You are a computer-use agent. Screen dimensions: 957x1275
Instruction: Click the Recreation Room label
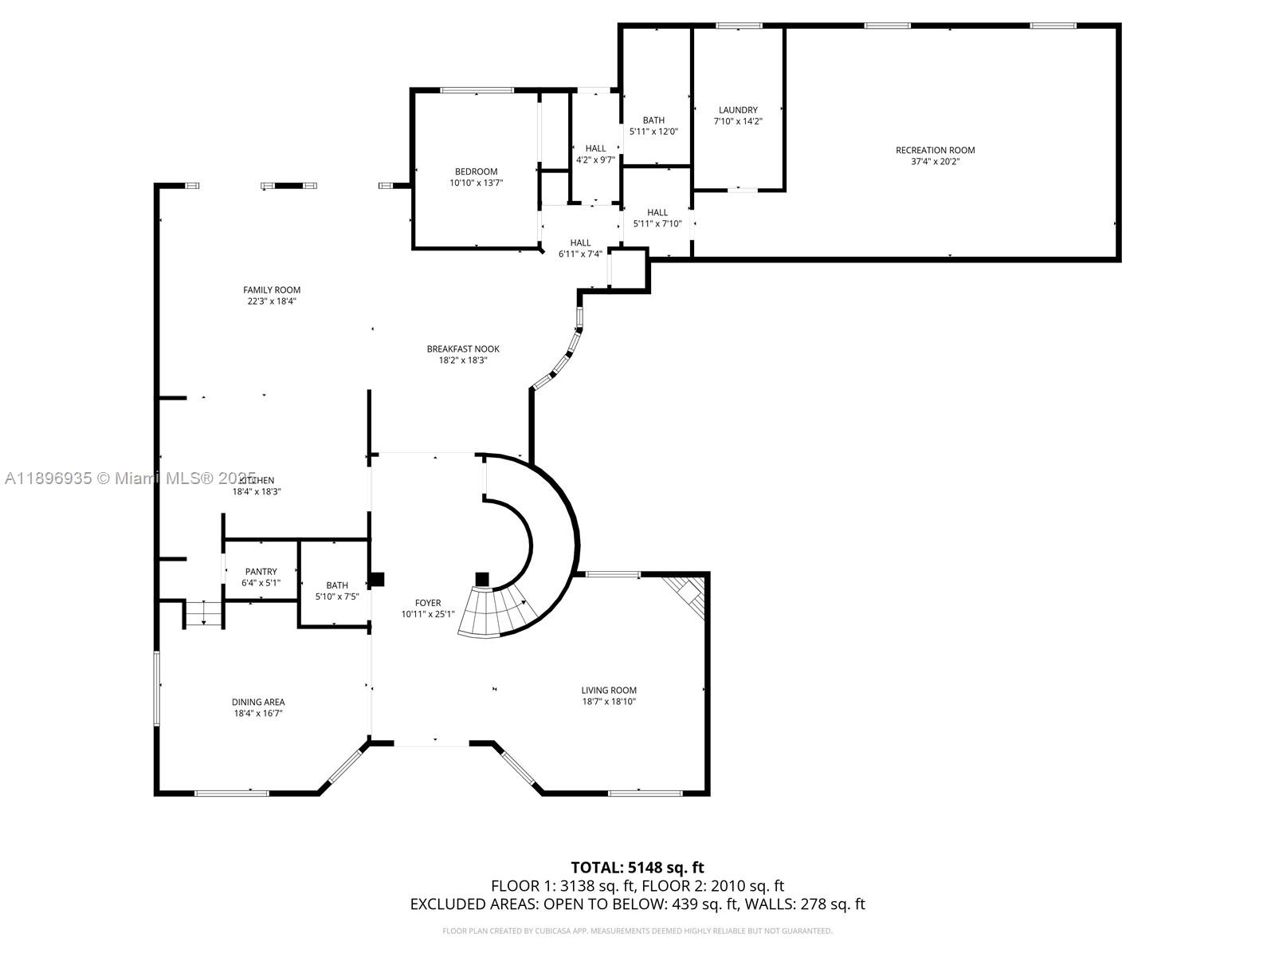pyautogui.click(x=935, y=150)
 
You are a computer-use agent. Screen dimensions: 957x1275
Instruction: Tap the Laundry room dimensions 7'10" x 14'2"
pyautogui.click(x=738, y=122)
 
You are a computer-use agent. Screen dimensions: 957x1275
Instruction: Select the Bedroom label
pyautogui.click(x=476, y=171)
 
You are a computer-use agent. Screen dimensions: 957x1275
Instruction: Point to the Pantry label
pyautogui.click(x=261, y=571)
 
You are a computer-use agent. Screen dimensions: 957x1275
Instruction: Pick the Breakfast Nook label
pyautogui.click(x=463, y=349)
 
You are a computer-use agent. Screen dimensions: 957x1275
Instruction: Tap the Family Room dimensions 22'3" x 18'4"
pyautogui.click(x=272, y=301)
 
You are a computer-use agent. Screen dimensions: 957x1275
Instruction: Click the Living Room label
pyautogui.click(x=609, y=690)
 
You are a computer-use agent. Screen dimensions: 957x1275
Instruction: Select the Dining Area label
pyautogui.click(x=258, y=702)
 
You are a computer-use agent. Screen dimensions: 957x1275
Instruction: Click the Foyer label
pyautogui.click(x=427, y=603)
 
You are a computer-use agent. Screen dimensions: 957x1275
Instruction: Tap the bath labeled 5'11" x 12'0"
pyautogui.click(x=653, y=126)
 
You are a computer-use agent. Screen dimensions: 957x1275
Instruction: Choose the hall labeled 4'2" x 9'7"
pyautogui.click(x=595, y=153)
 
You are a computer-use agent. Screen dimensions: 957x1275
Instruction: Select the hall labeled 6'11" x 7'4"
pyautogui.click(x=580, y=248)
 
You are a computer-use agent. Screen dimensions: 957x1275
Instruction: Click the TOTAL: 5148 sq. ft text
pyautogui.click(x=637, y=867)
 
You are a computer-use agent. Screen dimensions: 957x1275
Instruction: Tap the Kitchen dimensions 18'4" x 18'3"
pyautogui.click(x=257, y=492)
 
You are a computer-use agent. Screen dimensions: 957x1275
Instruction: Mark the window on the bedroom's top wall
pyautogui.click(x=477, y=90)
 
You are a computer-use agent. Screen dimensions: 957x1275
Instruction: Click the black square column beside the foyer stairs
pyautogui.click(x=481, y=579)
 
